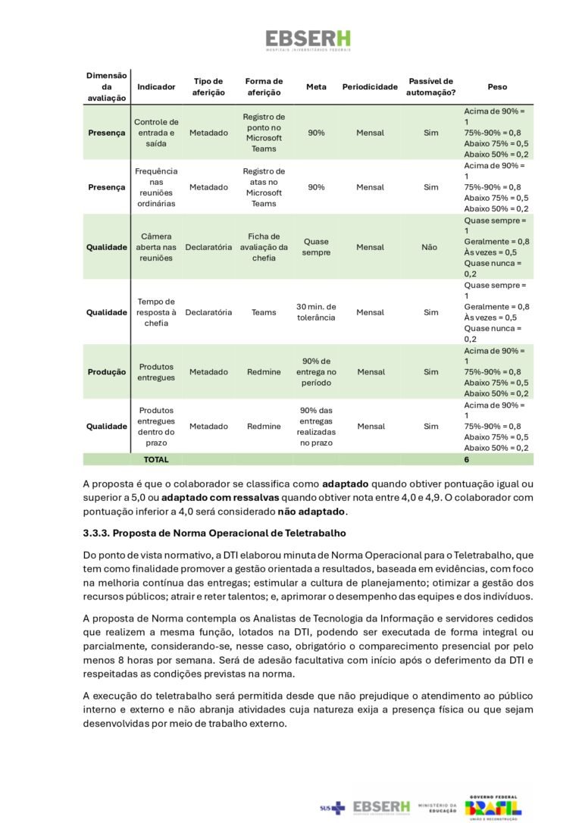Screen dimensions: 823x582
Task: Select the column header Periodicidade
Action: (370, 87)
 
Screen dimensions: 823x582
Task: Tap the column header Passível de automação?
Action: (430, 87)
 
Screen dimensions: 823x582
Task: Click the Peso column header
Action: (497, 87)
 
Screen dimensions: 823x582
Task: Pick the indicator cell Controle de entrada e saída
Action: (156, 133)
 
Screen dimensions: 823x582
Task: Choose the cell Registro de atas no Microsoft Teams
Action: (264, 187)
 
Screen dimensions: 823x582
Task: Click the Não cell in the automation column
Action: (430, 247)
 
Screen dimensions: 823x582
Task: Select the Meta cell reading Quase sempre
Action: (316, 247)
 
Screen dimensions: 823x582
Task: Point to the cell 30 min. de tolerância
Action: (316, 312)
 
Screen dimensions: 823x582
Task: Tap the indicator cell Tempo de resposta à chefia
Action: (156, 312)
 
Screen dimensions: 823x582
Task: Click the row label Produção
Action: (106, 372)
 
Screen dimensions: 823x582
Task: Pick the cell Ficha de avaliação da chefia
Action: (264, 247)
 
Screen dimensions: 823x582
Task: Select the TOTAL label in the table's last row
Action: (156, 459)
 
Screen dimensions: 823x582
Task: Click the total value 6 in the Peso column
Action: (467, 459)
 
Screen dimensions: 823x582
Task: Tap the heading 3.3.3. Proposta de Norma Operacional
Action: (214, 533)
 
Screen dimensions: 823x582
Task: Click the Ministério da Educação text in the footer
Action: (438, 809)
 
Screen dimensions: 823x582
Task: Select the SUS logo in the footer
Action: (332, 809)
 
